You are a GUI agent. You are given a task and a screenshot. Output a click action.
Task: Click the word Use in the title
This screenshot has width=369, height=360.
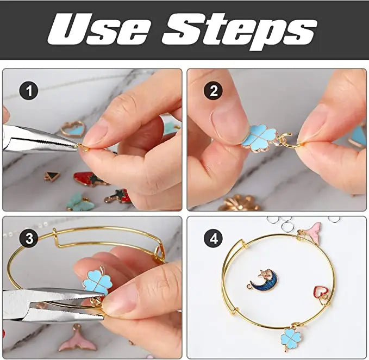pyautogui.click(x=99, y=29)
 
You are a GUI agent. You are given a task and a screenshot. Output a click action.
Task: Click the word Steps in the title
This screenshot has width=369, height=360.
pyautogui.click(x=240, y=31)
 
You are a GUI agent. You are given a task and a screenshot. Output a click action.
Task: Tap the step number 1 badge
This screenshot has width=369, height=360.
pyautogui.click(x=29, y=91)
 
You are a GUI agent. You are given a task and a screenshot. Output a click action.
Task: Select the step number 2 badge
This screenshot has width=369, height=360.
pyautogui.click(x=213, y=91)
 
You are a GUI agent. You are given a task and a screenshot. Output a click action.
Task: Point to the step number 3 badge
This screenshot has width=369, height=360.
pyautogui.click(x=29, y=238)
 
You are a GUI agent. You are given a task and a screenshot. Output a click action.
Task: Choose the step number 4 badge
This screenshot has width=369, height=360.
pyautogui.click(x=214, y=239)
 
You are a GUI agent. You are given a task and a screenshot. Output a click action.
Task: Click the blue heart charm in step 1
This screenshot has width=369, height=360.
pyautogui.click(x=72, y=129)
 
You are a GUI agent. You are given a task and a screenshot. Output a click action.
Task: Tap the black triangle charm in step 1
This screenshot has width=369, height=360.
pyautogui.click(x=52, y=176)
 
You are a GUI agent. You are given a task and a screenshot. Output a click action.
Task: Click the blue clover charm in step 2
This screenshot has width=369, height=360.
pyautogui.click(x=260, y=138)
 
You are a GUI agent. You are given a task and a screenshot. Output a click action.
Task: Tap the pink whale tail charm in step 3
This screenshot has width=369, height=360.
pyautogui.click(x=77, y=339)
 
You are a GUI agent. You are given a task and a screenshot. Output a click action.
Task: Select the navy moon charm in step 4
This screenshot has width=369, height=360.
pyautogui.click(x=263, y=280)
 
